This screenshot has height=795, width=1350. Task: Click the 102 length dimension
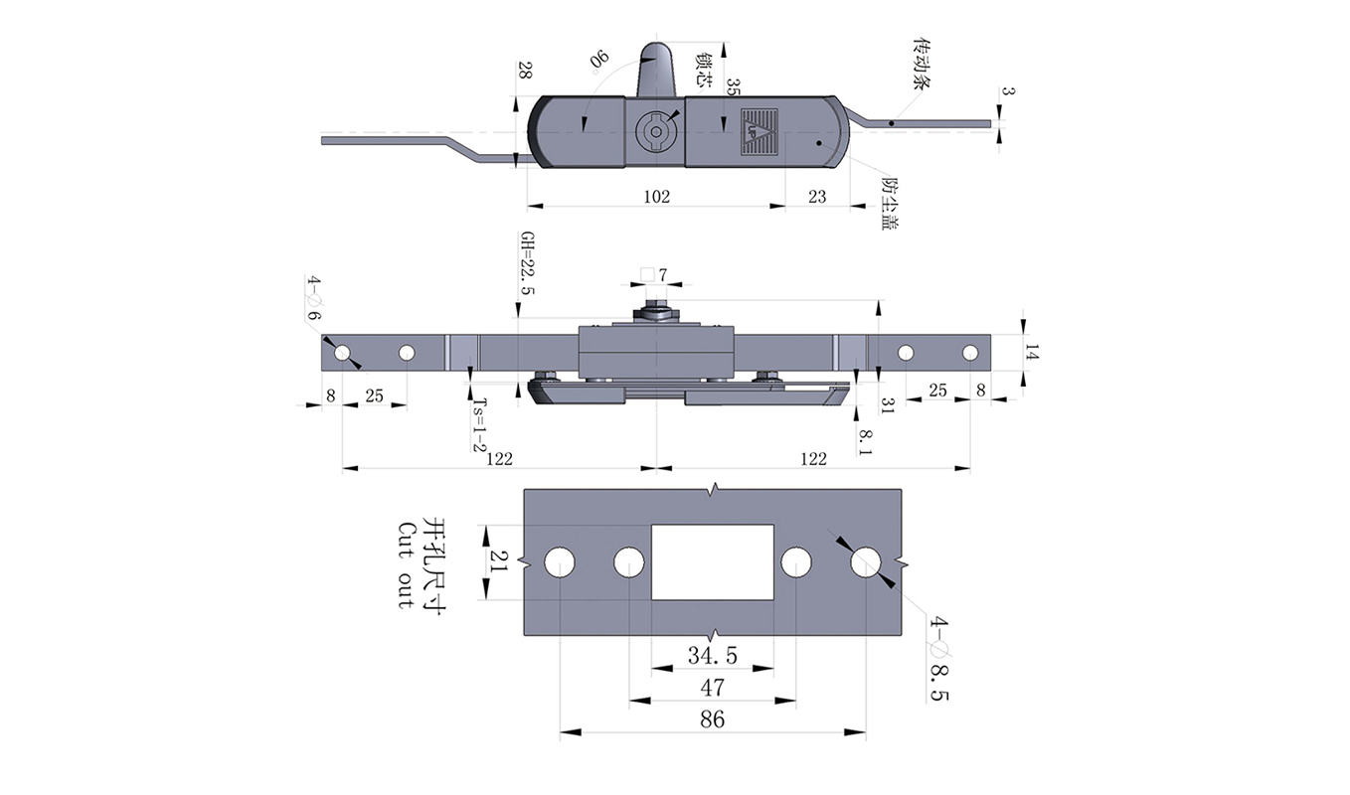[x=656, y=197]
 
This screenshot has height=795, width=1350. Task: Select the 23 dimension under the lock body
[x=817, y=197]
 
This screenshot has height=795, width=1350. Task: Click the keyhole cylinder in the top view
[x=655, y=131]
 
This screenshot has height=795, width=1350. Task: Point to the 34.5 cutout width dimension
[x=713, y=656]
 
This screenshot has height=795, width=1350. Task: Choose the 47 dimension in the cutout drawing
[x=713, y=688]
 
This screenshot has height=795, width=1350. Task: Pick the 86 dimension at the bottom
[x=713, y=719]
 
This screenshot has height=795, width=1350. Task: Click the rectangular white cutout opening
[x=713, y=561]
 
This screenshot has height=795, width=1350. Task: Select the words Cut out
[x=406, y=564]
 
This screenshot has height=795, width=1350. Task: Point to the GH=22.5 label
[x=527, y=262]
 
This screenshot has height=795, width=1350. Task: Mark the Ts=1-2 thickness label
[x=480, y=424]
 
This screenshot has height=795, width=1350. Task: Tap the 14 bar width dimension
[x=1033, y=353]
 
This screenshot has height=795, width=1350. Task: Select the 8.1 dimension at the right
[x=866, y=441]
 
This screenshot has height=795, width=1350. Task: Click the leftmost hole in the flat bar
[x=342, y=353]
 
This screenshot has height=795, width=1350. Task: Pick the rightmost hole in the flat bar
[x=969, y=353]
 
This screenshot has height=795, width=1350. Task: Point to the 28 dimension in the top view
[x=524, y=71]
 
